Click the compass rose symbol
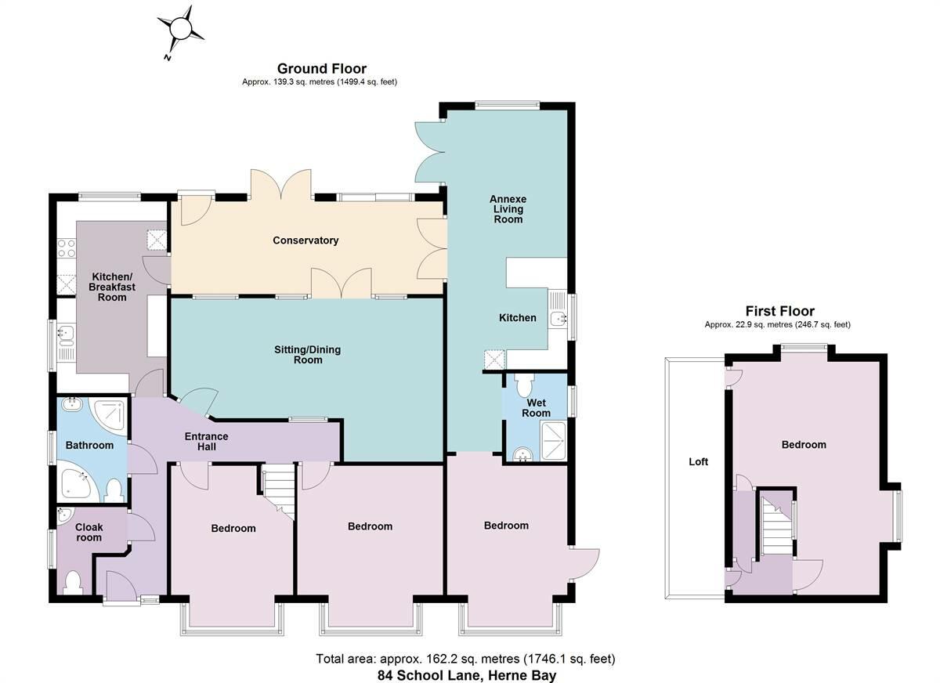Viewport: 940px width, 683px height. [182, 29]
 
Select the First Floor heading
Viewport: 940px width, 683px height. [779, 311]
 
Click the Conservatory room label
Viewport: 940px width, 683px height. [305, 240]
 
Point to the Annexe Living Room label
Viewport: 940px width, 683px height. [508, 209]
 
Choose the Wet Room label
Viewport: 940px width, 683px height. [537, 407]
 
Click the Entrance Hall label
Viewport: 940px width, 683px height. [206, 441]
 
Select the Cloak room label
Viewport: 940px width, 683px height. [89, 533]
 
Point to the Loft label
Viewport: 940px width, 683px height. [698, 462]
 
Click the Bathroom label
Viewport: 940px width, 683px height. [89, 445]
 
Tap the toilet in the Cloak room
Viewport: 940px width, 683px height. [73, 583]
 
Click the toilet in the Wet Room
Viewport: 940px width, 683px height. [524, 386]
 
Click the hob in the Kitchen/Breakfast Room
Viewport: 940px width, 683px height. [66, 248]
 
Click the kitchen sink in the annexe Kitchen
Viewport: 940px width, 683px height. [559, 317]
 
